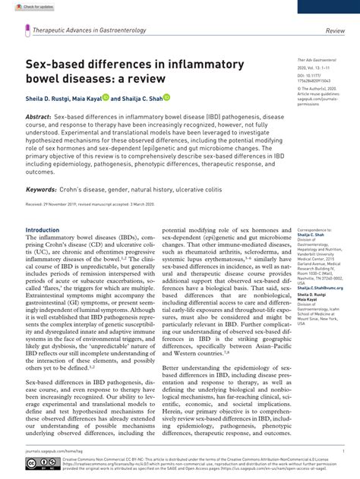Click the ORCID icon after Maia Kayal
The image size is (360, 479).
tap(106, 98)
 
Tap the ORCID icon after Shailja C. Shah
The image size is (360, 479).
tap(166, 98)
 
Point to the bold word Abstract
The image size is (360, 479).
tap(39, 118)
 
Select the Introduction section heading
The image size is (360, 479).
tap(43, 230)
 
